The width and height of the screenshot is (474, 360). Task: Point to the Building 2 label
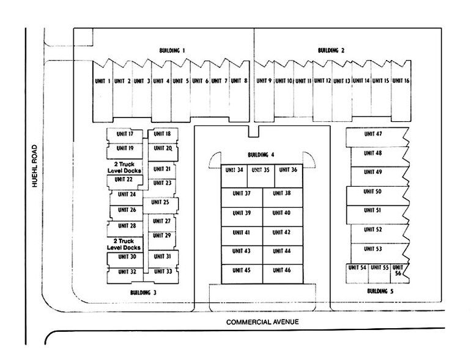[x=331, y=51]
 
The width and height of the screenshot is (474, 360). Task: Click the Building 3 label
[x=143, y=293]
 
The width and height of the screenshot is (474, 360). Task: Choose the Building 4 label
[x=263, y=155]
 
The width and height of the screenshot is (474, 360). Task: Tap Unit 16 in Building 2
[x=401, y=81]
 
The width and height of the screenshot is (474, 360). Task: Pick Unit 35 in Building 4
[x=261, y=170]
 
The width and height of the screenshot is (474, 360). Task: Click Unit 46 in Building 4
[x=281, y=270]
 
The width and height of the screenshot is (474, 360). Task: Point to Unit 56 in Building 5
[x=398, y=271]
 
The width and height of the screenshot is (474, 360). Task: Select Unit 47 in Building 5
[x=373, y=134]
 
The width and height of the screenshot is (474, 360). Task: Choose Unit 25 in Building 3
[x=160, y=202]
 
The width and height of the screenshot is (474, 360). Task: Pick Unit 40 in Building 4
[x=281, y=213]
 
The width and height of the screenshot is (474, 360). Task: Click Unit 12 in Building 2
[x=323, y=81]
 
